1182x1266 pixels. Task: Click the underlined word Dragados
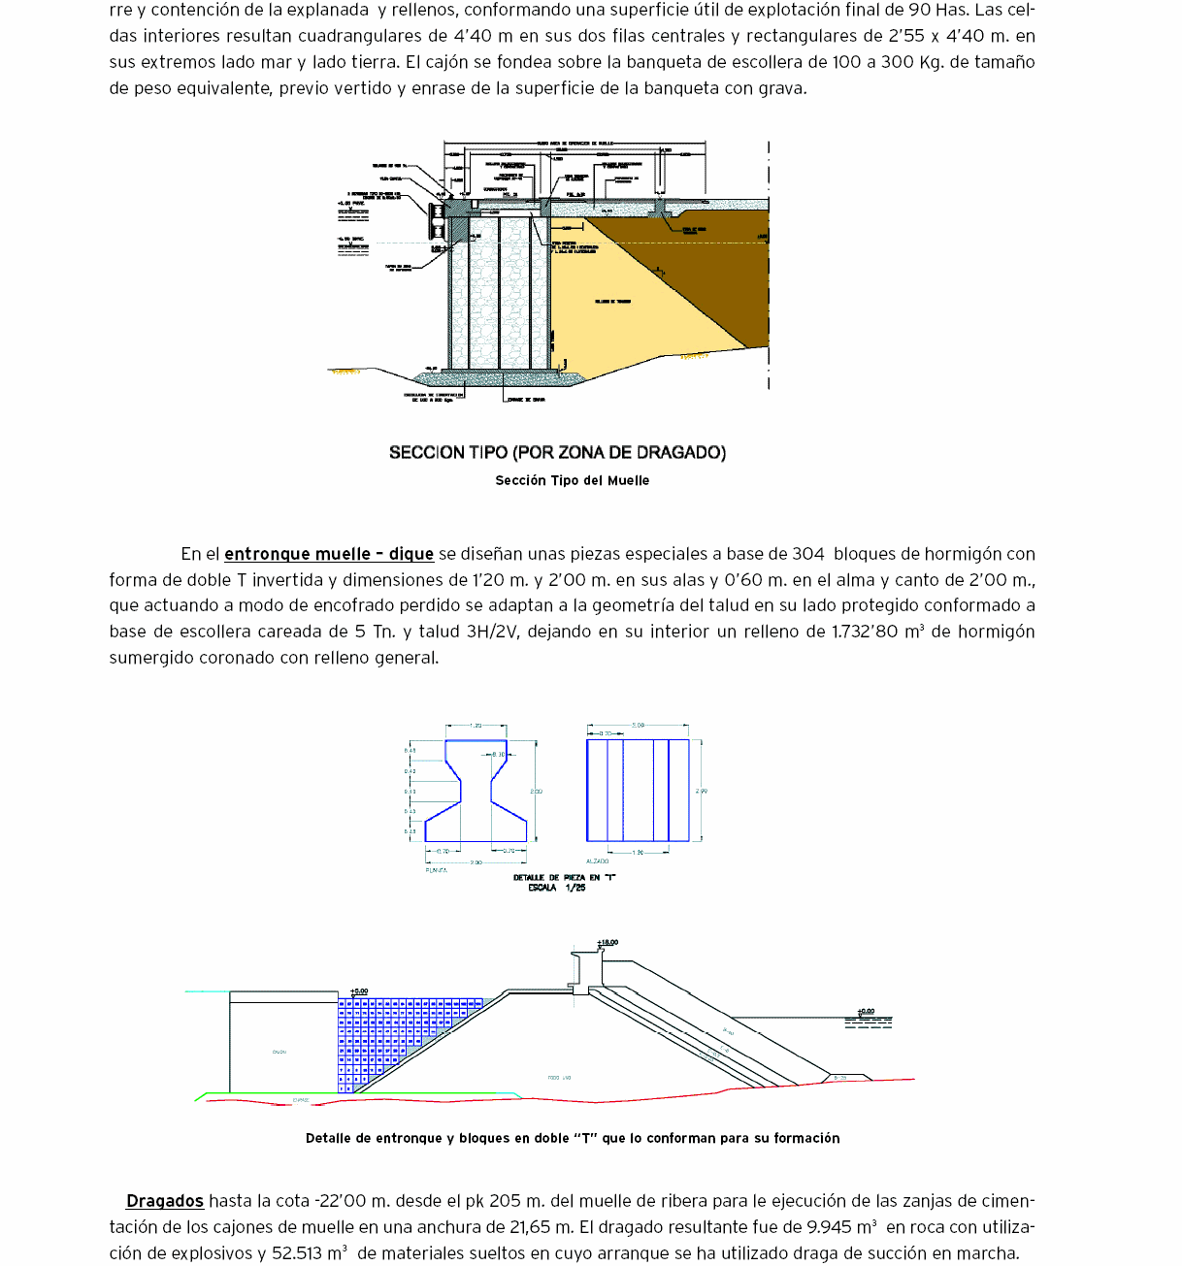pyautogui.click(x=165, y=1201)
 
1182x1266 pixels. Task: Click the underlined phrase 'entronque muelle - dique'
pyautogui.click(x=329, y=554)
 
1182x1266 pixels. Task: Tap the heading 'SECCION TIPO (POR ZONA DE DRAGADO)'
pyautogui.click(x=557, y=452)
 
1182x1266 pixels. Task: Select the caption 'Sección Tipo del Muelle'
pyautogui.click(x=572, y=480)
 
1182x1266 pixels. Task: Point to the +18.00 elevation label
pyautogui.click(x=607, y=942)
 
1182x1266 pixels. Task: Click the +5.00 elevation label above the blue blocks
pyautogui.click(x=359, y=991)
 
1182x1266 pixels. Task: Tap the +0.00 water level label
pyautogui.click(x=866, y=1012)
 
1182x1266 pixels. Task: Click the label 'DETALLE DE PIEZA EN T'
pyautogui.click(x=565, y=877)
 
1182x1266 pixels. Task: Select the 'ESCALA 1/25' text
pyautogui.click(x=557, y=888)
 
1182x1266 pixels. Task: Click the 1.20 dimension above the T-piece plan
pyautogui.click(x=476, y=726)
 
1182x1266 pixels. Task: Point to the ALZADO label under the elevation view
pyautogui.click(x=598, y=860)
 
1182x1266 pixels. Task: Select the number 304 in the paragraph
pyautogui.click(x=808, y=554)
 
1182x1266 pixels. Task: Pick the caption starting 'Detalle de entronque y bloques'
pyautogui.click(x=573, y=1138)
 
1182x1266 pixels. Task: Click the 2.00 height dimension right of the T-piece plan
pyautogui.click(x=536, y=792)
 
